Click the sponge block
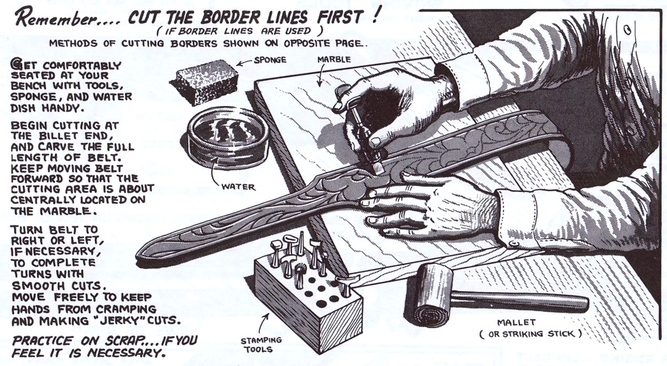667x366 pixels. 205,81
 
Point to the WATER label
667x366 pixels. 238,187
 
